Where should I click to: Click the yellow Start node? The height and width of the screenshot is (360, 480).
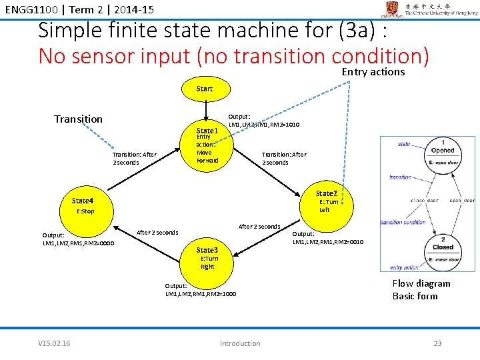pos(205,88)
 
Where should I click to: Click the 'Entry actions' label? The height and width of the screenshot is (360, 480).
pos(373,72)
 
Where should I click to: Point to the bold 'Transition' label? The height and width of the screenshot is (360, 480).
pos(78,119)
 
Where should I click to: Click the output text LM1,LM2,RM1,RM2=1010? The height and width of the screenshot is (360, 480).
pos(264,125)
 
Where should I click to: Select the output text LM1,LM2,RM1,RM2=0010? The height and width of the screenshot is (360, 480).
pos(328,242)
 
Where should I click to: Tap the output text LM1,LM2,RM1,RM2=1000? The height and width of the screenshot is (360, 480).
pos(200,294)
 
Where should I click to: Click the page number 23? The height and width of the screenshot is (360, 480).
pos(437,343)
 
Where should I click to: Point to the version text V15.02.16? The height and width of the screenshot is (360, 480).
pos(55,343)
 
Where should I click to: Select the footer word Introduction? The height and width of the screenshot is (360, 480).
pos(240,343)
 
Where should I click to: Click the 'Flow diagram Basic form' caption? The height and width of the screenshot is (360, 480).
pos(421,290)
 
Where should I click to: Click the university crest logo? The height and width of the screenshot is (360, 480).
pos(392,9)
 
